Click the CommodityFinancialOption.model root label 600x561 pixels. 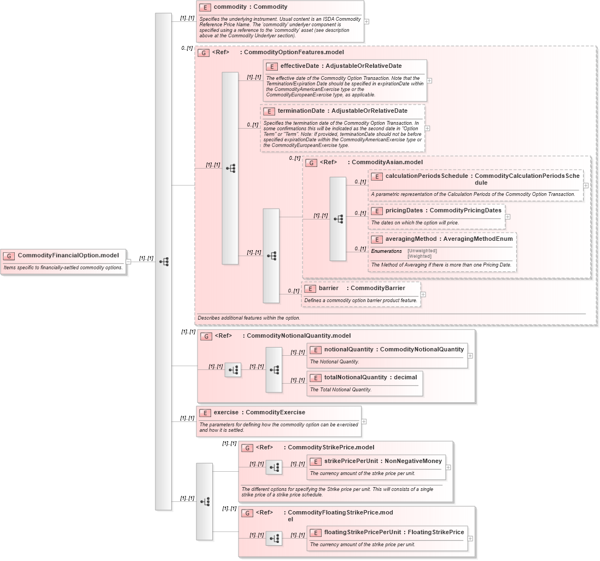[68, 255]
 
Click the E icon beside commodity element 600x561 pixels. [205, 8]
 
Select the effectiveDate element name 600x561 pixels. [299, 66]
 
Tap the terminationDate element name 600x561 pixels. [301, 111]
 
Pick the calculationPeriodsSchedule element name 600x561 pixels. [426, 176]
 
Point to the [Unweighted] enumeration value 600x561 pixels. [422, 251]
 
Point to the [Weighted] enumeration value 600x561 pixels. [420, 256]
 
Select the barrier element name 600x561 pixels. [328, 288]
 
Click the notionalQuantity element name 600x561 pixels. [348, 349]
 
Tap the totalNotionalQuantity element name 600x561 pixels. [356, 377]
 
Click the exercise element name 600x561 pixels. [226, 413]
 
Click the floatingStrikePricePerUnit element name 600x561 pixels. [362, 532]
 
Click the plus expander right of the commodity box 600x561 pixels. [366, 22]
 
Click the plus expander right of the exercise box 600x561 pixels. [364, 421]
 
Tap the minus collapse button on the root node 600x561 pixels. [129, 262]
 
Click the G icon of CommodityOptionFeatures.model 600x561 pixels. [203, 53]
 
